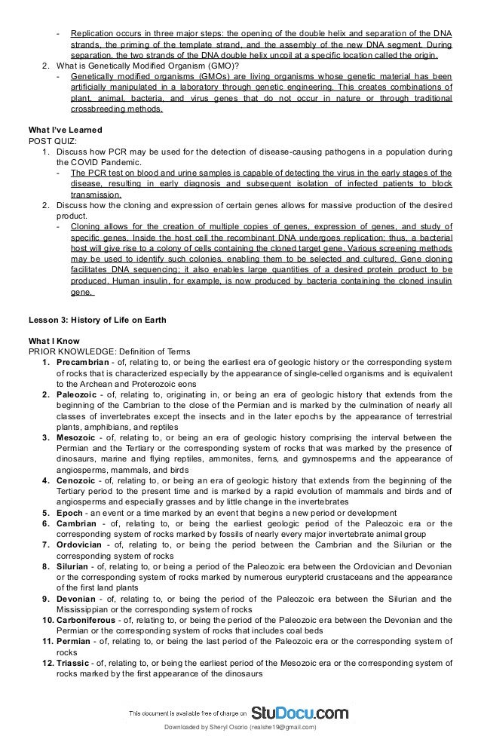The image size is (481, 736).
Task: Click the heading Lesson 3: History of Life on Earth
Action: pos(97,320)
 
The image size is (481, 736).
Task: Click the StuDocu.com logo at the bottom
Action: pos(299,712)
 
